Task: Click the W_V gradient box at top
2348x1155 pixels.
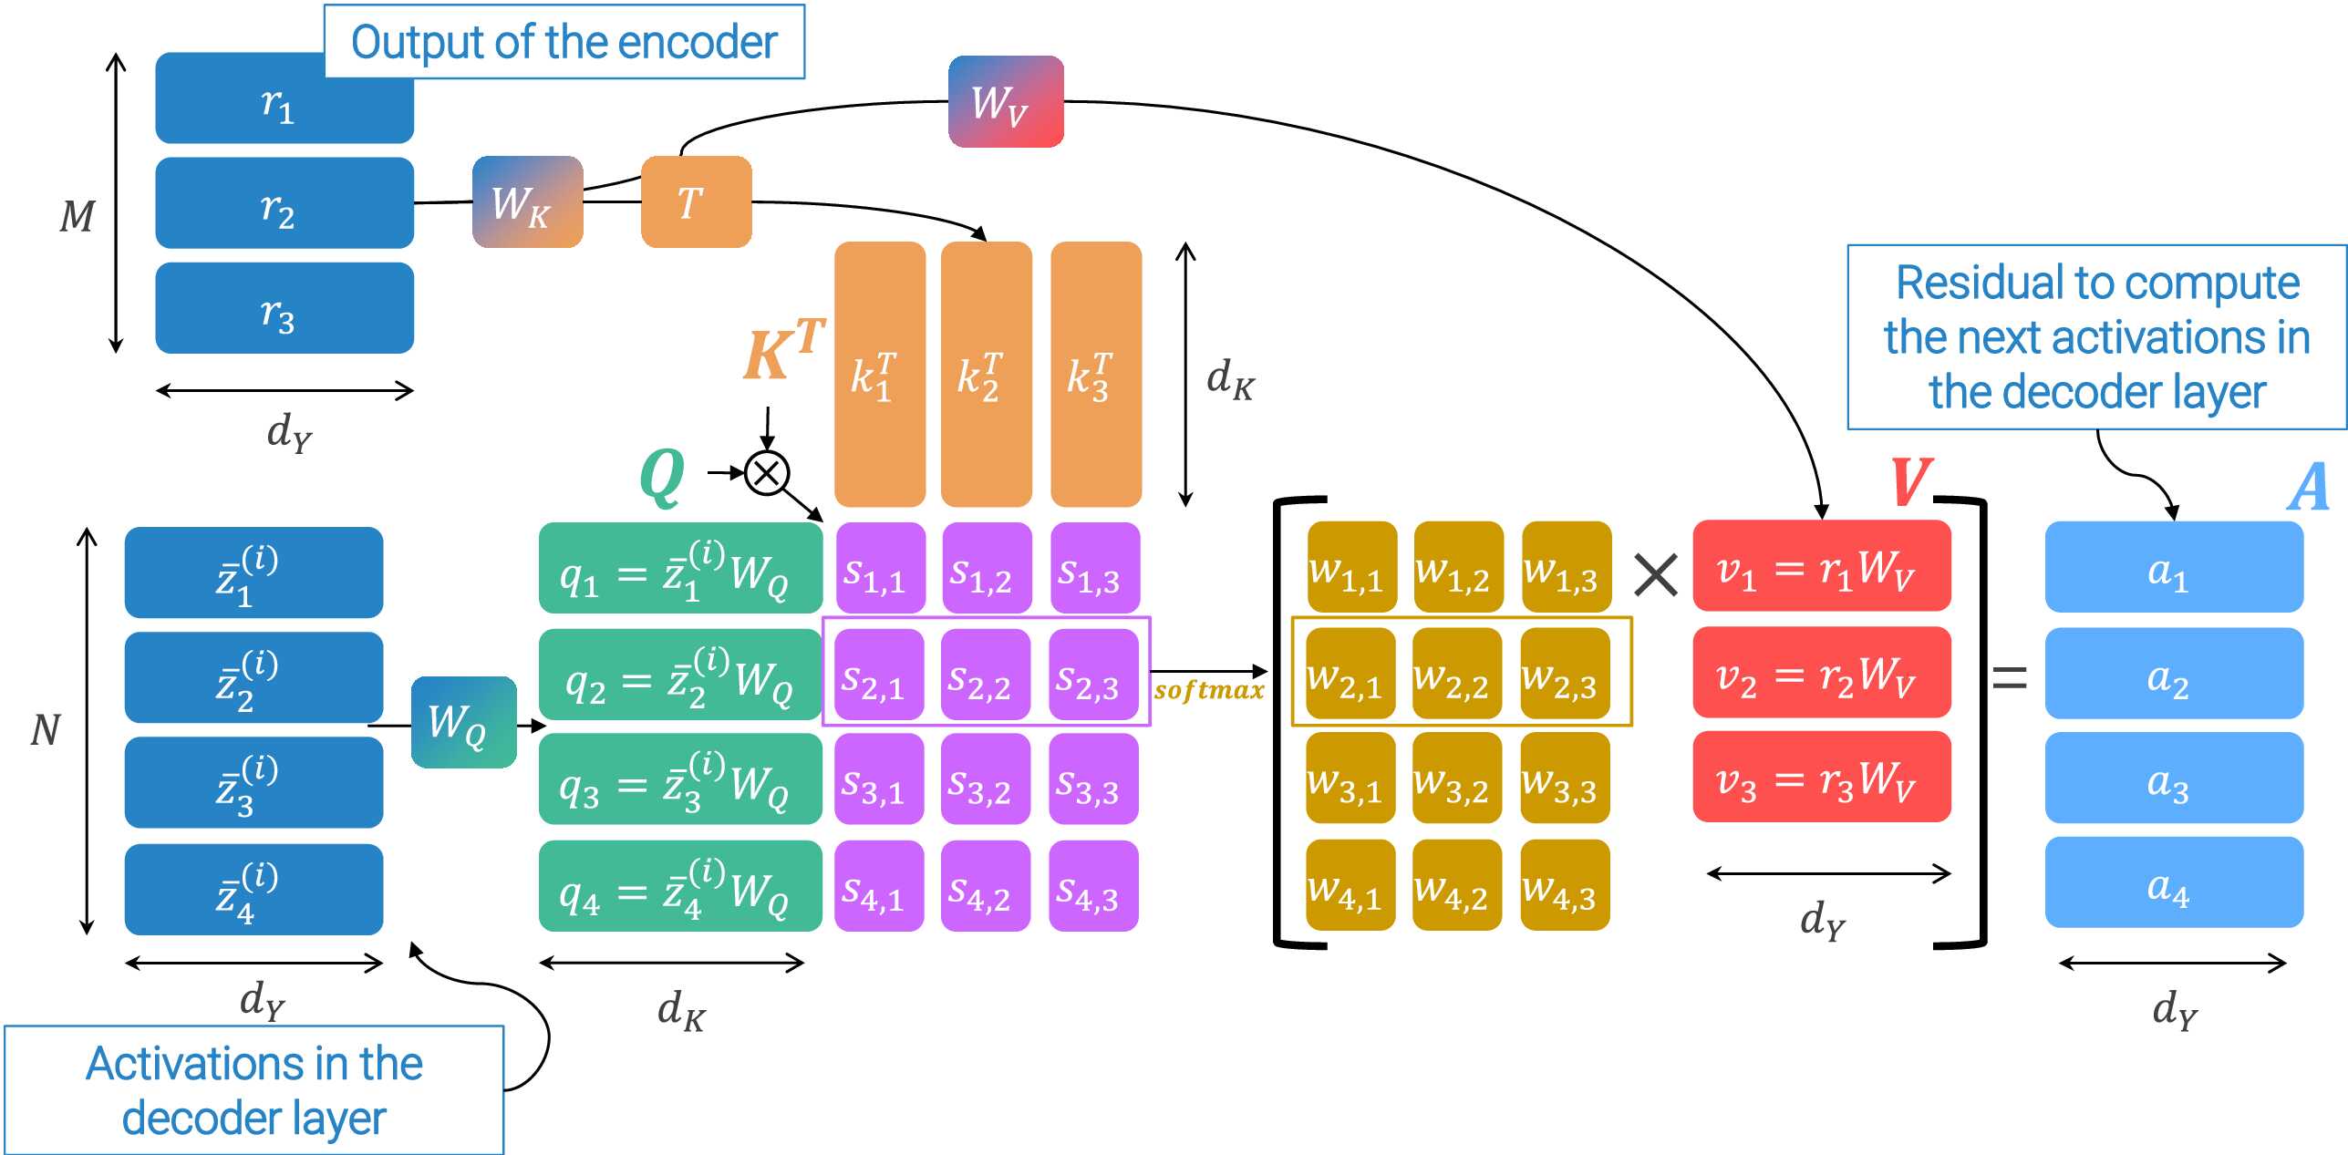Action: (x=1005, y=101)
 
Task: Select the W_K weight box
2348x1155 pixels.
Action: (x=527, y=201)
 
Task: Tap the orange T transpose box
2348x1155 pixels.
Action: (x=696, y=201)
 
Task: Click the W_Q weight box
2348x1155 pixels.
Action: (x=463, y=722)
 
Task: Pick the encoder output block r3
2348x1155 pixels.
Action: (x=284, y=308)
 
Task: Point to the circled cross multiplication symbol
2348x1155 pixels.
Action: (x=766, y=473)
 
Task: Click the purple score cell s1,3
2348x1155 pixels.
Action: (x=1094, y=568)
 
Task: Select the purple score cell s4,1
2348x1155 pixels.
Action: (x=879, y=886)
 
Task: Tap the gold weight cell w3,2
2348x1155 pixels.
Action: (x=1456, y=779)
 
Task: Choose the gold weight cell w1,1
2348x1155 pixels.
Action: (x=1350, y=567)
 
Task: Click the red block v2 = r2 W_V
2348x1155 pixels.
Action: (x=1821, y=673)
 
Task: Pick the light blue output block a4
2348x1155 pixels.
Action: (x=2173, y=882)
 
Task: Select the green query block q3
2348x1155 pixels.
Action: (x=679, y=779)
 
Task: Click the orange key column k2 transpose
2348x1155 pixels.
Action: (x=986, y=374)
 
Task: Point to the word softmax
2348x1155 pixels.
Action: (x=1208, y=690)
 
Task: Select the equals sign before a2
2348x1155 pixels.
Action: (x=2009, y=677)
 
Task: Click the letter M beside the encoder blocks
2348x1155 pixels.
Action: (x=78, y=217)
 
